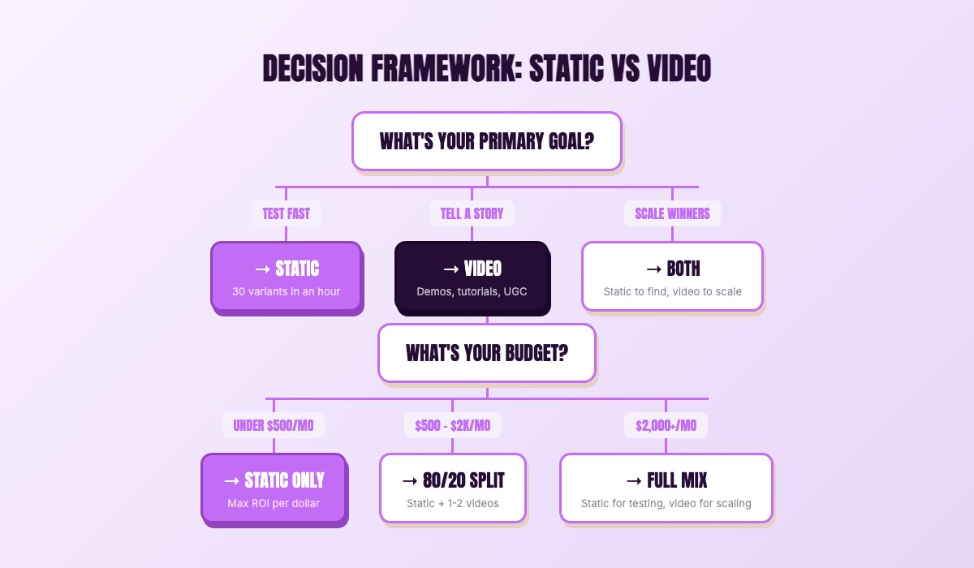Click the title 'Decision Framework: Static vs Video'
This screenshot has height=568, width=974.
(x=487, y=69)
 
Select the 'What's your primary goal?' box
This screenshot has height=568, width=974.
(x=487, y=141)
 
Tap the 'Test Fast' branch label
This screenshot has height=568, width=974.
(x=286, y=213)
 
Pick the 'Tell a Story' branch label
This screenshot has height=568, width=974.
(x=472, y=213)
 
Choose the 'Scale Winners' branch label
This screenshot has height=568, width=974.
(x=672, y=213)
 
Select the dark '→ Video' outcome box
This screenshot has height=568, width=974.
(x=472, y=278)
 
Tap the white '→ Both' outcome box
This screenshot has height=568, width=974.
(x=672, y=276)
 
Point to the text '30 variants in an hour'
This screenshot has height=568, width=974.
(x=286, y=291)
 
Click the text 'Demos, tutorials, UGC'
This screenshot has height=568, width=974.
(x=472, y=291)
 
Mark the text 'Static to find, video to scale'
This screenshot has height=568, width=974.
(x=672, y=291)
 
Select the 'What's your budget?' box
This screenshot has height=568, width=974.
(x=487, y=353)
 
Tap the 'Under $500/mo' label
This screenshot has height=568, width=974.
(x=274, y=425)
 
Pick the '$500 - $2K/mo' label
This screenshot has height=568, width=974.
(x=452, y=425)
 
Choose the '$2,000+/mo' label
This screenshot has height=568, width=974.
(x=666, y=425)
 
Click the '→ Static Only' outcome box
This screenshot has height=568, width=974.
(x=274, y=488)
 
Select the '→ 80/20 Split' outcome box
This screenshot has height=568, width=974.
(x=452, y=488)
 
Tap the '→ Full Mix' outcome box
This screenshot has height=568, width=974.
(x=666, y=488)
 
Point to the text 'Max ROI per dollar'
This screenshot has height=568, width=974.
(x=274, y=503)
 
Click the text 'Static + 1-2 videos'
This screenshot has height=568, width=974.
(x=452, y=503)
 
